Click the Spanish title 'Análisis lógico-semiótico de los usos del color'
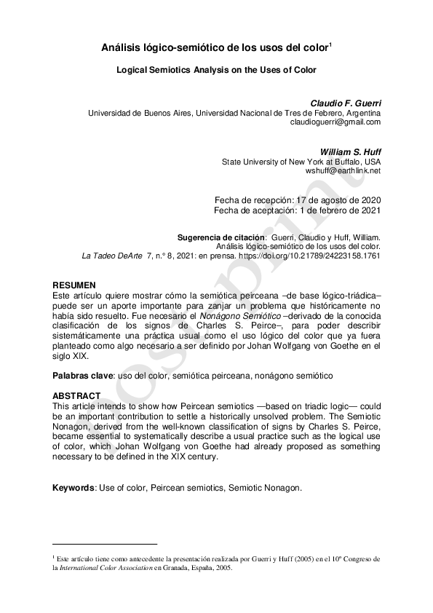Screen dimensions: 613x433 click(215, 48)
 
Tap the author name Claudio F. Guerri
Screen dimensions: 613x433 click(346, 103)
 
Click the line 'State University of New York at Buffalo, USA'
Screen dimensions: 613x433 click(301, 161)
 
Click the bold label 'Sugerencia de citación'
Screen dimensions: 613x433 click(221, 237)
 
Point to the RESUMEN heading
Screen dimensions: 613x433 click(75, 284)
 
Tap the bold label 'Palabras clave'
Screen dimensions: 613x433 click(82, 376)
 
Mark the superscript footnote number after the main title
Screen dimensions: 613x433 click(330, 44)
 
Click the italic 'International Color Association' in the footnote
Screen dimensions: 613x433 click(104, 568)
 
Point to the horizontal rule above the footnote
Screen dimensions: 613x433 click(105, 544)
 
